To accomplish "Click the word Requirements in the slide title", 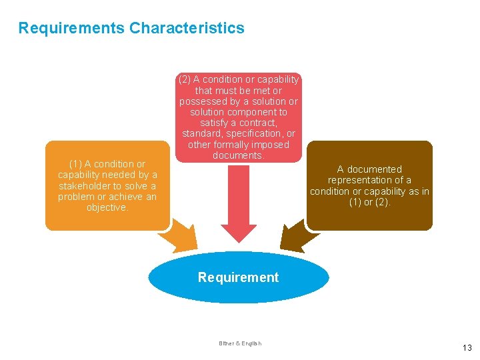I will [71, 28].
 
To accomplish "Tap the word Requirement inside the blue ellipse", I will [238, 277].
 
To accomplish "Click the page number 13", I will [467, 347].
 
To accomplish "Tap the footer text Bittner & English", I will [240, 343].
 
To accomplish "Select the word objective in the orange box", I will [107, 207].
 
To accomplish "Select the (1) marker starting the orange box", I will [76, 164].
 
